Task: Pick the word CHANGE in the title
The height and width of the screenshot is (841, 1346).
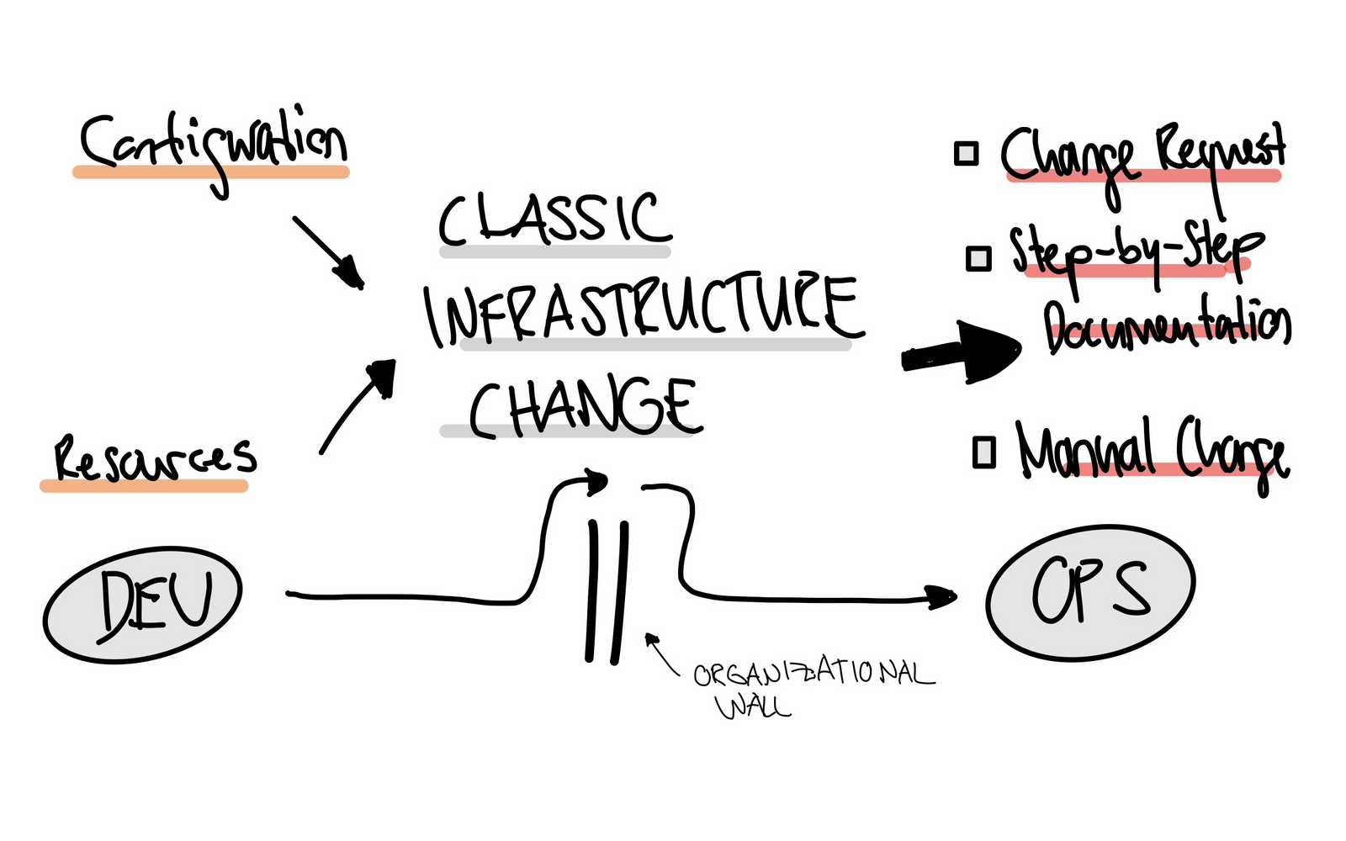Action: [x=582, y=408]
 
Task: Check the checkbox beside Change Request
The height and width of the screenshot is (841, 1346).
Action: [x=966, y=154]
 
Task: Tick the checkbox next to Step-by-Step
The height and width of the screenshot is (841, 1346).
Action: [x=978, y=257]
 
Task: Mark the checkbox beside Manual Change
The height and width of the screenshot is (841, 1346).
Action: [x=983, y=452]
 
